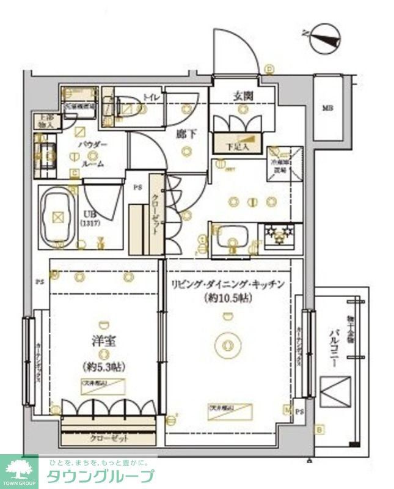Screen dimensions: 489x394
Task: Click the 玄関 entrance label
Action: point(243,96)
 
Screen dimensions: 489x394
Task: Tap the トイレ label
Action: point(150,96)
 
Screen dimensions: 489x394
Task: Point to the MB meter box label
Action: point(328,109)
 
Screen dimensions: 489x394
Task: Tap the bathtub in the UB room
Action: point(58,216)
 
